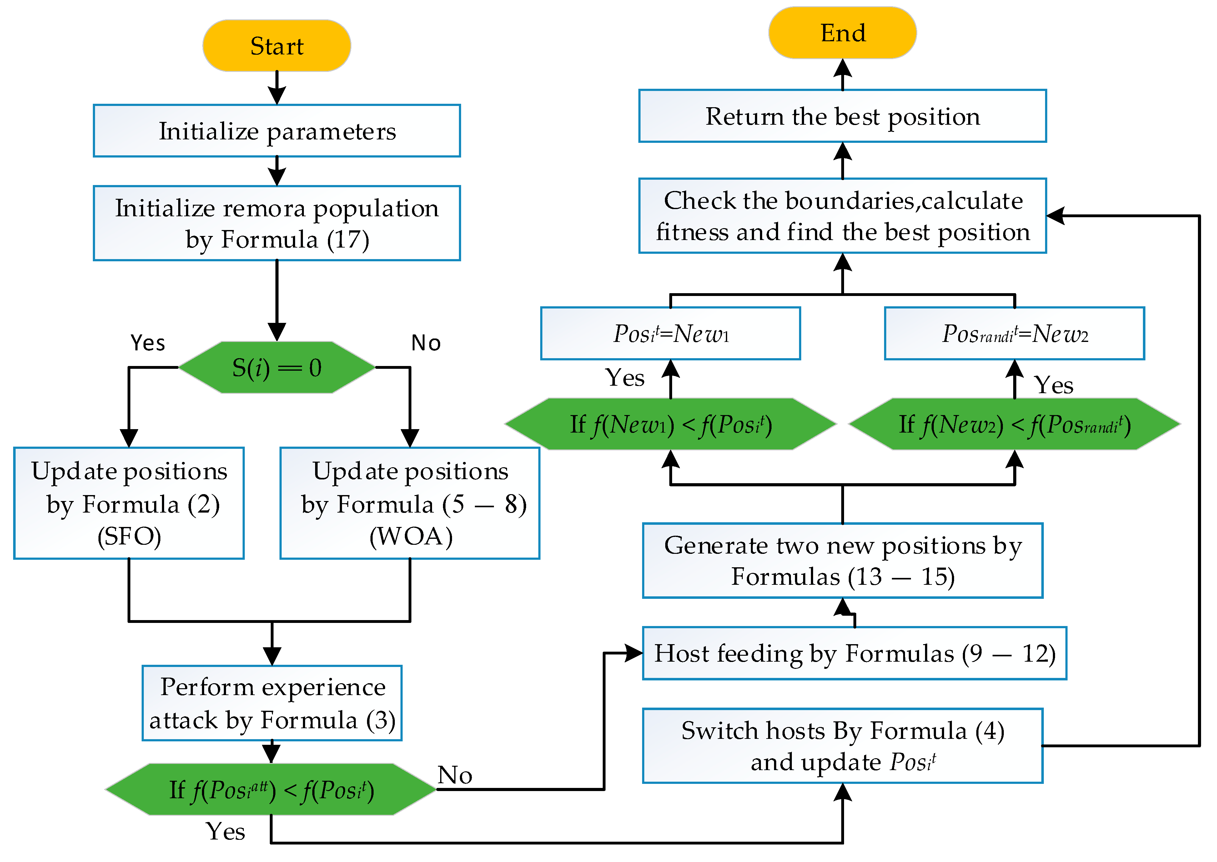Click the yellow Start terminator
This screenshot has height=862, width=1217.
[x=277, y=46]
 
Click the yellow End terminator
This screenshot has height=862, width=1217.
[x=842, y=33]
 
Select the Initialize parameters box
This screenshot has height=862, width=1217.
[x=277, y=131]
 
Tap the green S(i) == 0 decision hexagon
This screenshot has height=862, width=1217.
[x=277, y=367]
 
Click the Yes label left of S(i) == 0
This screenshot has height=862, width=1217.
[x=148, y=343]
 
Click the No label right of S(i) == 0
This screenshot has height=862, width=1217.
[x=426, y=343]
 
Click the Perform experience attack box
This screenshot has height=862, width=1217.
[x=272, y=703]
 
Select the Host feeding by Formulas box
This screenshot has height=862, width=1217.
[x=854, y=653]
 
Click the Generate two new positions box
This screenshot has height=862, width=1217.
[x=842, y=560]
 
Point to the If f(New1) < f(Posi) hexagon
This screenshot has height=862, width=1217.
[x=670, y=424]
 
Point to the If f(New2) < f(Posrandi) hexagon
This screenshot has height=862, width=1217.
[x=1014, y=424]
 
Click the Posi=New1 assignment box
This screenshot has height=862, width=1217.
[x=670, y=333]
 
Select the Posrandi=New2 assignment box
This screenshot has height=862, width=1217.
[x=1014, y=333]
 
